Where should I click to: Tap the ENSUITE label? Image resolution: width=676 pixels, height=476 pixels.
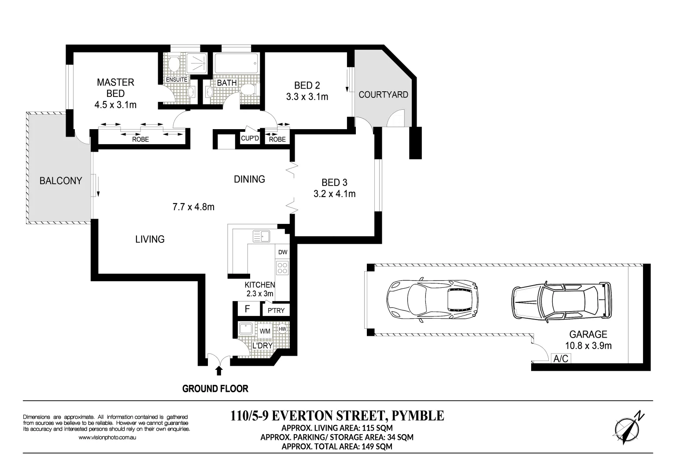point(177,80)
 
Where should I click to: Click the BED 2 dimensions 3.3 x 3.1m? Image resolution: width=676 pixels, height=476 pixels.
point(307,97)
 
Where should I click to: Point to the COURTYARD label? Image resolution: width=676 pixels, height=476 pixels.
point(383,95)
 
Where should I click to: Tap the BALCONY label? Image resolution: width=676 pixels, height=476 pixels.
point(61,181)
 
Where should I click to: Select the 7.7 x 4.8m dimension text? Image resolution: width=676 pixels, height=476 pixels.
point(193,207)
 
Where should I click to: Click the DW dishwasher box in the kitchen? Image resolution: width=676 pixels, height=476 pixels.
point(283,252)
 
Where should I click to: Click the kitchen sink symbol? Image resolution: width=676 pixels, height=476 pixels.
point(261,236)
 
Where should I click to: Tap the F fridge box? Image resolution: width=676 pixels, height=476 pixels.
point(247,309)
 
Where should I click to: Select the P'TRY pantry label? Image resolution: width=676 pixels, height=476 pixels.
point(276,310)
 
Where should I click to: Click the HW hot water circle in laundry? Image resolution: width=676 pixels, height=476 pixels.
point(282,329)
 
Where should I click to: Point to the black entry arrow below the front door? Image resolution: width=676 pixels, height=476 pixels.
point(219,370)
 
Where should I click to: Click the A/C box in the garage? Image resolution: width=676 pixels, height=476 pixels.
point(561,359)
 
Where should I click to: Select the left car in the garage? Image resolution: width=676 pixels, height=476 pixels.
point(432,300)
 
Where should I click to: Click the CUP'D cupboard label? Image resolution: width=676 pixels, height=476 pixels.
point(250,138)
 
